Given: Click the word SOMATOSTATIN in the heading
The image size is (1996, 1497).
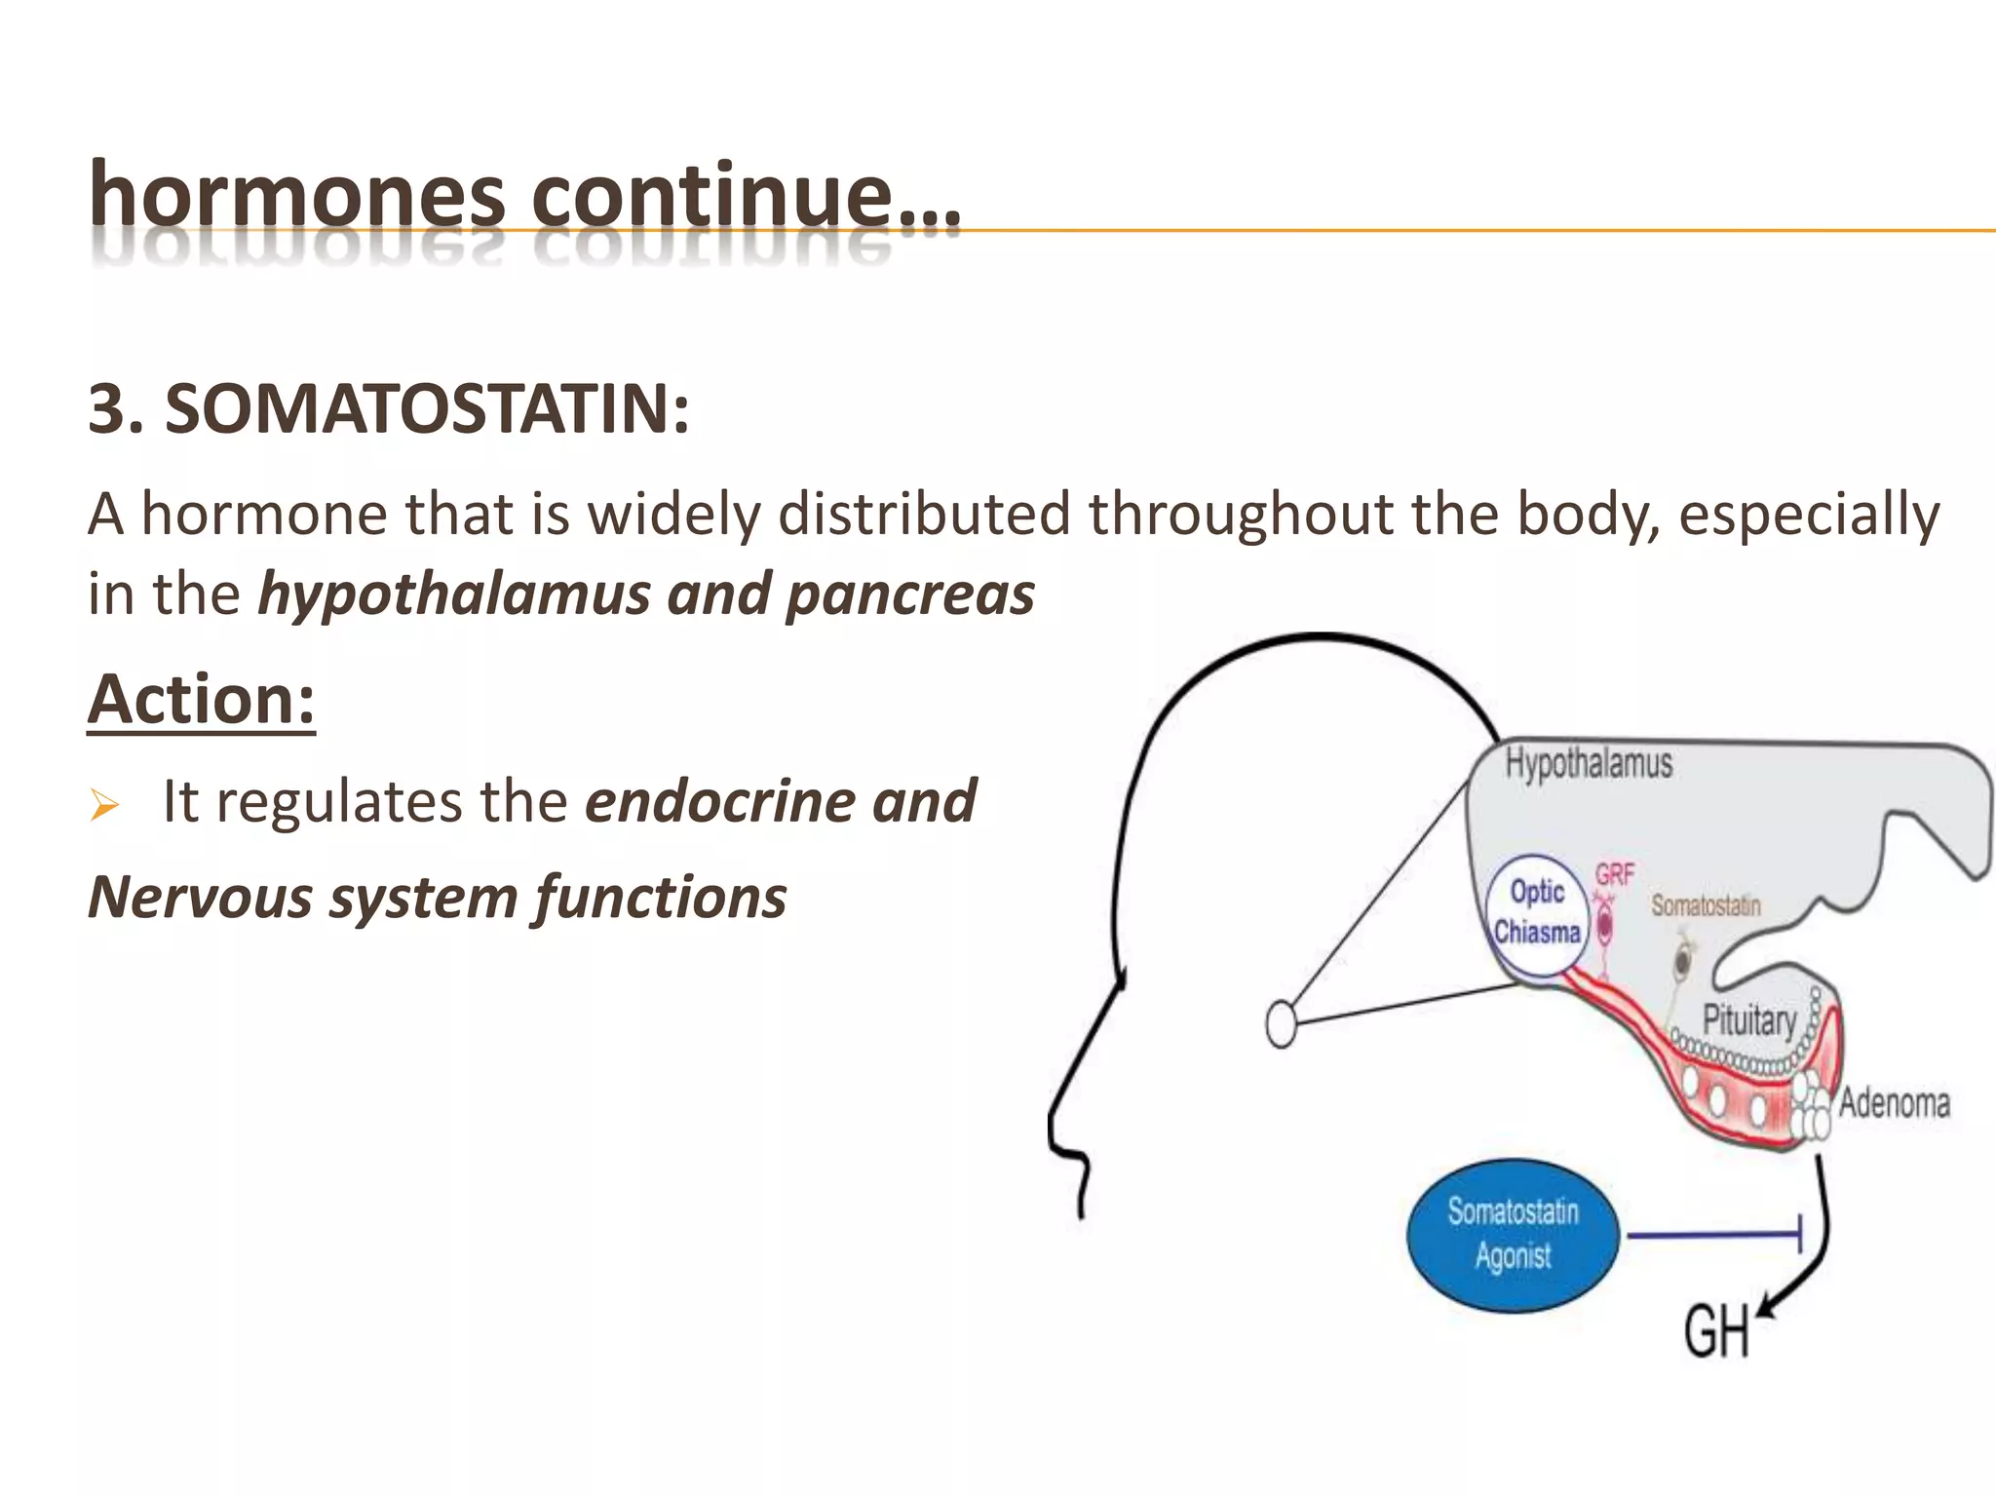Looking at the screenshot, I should coord(427,409).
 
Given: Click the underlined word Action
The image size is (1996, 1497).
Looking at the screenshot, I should coord(201,700).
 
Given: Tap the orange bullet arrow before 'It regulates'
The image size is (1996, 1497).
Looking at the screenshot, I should coord(103,806).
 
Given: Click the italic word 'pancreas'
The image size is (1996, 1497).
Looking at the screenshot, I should coord(910,594).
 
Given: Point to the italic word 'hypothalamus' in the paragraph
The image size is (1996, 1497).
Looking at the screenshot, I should coord(453,594).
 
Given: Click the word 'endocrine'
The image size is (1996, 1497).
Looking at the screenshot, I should coord(719,801).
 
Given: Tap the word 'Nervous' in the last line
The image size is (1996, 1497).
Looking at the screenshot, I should coord(200,897).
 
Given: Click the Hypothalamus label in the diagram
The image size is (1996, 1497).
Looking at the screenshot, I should coord(1589,763).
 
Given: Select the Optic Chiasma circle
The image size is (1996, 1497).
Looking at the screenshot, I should coord(1537,913).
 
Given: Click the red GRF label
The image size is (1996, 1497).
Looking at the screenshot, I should coord(1614,873).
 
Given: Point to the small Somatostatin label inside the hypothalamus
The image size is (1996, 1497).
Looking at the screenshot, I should coord(1706,905).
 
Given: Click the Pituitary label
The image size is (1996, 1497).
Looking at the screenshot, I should coord(1748,1020).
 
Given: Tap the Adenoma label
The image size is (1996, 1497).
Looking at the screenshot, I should coord(1894,1103).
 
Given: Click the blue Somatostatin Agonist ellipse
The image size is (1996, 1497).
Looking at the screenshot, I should coord(1512,1235).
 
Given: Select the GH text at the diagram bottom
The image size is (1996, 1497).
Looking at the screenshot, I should coord(1716,1333).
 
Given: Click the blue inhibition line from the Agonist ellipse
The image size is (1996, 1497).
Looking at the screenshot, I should coord(1712,1236).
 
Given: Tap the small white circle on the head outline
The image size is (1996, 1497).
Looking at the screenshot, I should coord(1282,1024).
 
